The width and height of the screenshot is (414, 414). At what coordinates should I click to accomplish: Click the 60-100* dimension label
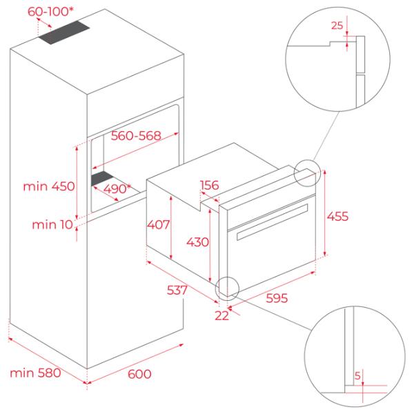point(50,11)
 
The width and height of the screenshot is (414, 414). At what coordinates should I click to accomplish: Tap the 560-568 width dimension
point(136,136)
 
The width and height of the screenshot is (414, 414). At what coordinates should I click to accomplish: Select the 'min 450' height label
point(49,186)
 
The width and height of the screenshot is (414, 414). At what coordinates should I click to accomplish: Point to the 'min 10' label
point(52,225)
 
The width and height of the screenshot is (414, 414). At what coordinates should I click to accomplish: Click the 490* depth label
point(117,189)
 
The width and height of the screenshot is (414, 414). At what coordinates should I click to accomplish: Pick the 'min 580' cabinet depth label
point(35,373)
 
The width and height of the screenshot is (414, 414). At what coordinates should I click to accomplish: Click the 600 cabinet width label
point(139,374)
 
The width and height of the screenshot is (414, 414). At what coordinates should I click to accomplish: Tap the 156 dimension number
point(210,185)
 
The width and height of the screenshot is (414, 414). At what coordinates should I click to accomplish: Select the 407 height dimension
point(158,225)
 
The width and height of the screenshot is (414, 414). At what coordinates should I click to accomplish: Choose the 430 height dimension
point(197,242)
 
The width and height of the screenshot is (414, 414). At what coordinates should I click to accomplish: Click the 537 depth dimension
point(177,290)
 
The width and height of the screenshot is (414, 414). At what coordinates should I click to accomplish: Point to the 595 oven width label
point(277,298)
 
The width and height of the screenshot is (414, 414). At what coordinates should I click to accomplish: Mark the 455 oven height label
point(337,216)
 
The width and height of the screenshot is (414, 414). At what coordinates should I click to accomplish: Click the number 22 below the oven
point(221,315)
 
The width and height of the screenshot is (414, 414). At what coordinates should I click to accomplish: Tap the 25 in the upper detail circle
point(337,26)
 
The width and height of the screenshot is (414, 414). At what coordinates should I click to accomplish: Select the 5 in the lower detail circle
point(357,375)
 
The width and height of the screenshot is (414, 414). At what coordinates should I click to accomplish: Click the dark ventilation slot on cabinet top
point(64,32)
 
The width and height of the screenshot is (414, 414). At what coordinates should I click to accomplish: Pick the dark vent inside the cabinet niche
point(102,178)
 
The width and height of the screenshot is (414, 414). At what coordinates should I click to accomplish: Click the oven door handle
point(273,221)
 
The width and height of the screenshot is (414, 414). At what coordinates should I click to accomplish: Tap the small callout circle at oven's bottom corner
point(227,288)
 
